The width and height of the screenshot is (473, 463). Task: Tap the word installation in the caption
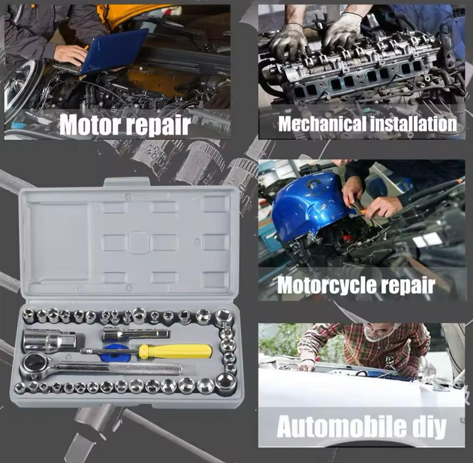pos(414,124)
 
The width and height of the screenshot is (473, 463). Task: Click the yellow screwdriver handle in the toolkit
pos(175,351)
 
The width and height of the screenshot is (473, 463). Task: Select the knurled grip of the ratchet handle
pos(145,369)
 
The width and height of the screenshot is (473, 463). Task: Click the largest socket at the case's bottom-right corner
pos(225,384)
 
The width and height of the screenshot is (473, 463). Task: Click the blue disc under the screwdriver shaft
pos(115,352)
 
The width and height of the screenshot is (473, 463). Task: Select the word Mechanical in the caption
pos(323,124)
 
